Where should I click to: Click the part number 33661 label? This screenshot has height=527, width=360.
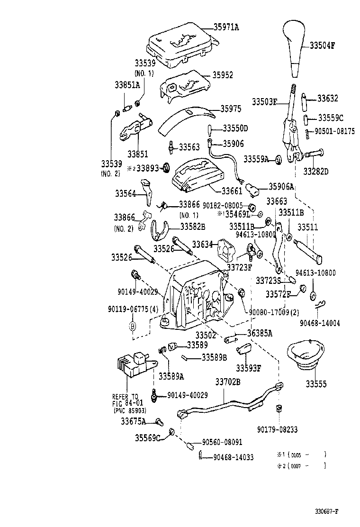click(x=232, y=191)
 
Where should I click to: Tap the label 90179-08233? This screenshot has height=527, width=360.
click(x=278, y=429)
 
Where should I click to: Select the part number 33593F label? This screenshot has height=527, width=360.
click(x=249, y=368)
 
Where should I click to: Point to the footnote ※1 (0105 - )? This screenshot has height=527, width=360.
click(x=301, y=454)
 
